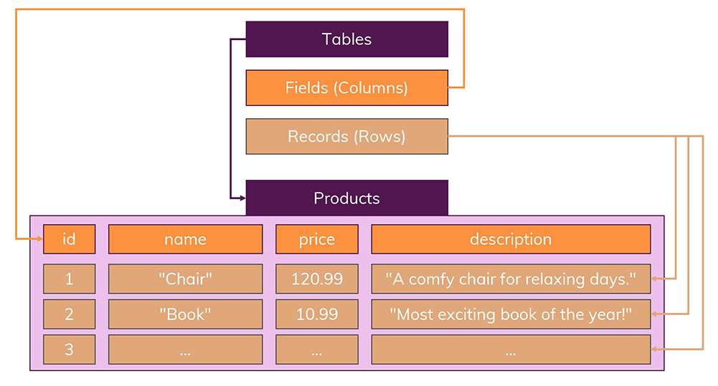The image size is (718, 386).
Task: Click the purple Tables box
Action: point(346,39)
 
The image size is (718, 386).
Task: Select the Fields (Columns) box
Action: point(346,87)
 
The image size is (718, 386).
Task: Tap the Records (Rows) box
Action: point(346,136)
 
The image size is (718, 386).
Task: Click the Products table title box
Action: point(346,198)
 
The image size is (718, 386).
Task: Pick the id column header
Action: point(69,239)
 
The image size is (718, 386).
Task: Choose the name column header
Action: point(185,239)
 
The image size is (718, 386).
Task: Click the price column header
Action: point(316,239)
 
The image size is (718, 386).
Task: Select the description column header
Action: point(510,239)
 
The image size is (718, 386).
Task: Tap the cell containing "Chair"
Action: point(185,279)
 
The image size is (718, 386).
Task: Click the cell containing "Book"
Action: point(185,314)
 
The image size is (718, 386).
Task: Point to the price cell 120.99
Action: point(316,279)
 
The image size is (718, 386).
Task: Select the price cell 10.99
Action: point(316,314)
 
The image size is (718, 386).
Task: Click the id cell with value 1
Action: point(69,279)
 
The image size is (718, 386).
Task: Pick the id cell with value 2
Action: point(69,314)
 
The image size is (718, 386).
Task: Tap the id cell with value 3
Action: point(69,349)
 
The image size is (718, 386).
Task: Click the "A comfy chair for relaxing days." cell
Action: point(510,279)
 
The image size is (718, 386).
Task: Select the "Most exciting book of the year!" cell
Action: point(510,314)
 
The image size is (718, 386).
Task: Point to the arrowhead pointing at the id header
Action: point(37,239)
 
